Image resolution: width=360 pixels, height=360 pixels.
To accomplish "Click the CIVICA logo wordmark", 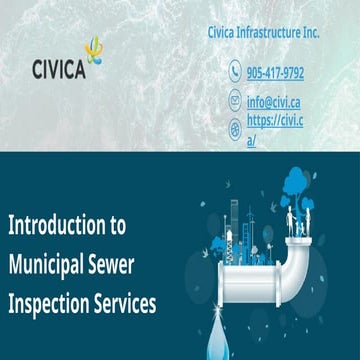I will [59, 71].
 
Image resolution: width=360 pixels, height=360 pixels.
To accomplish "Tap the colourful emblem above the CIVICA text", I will [93, 49].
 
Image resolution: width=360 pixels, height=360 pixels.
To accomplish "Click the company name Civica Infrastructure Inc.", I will [261, 33].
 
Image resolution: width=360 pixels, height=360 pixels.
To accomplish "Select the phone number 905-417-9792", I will [275, 73].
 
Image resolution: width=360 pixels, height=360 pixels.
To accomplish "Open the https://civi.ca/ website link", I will [275, 130].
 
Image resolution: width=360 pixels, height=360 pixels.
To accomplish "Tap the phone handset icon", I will [236, 72].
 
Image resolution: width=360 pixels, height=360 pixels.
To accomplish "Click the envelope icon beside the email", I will [236, 101].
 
